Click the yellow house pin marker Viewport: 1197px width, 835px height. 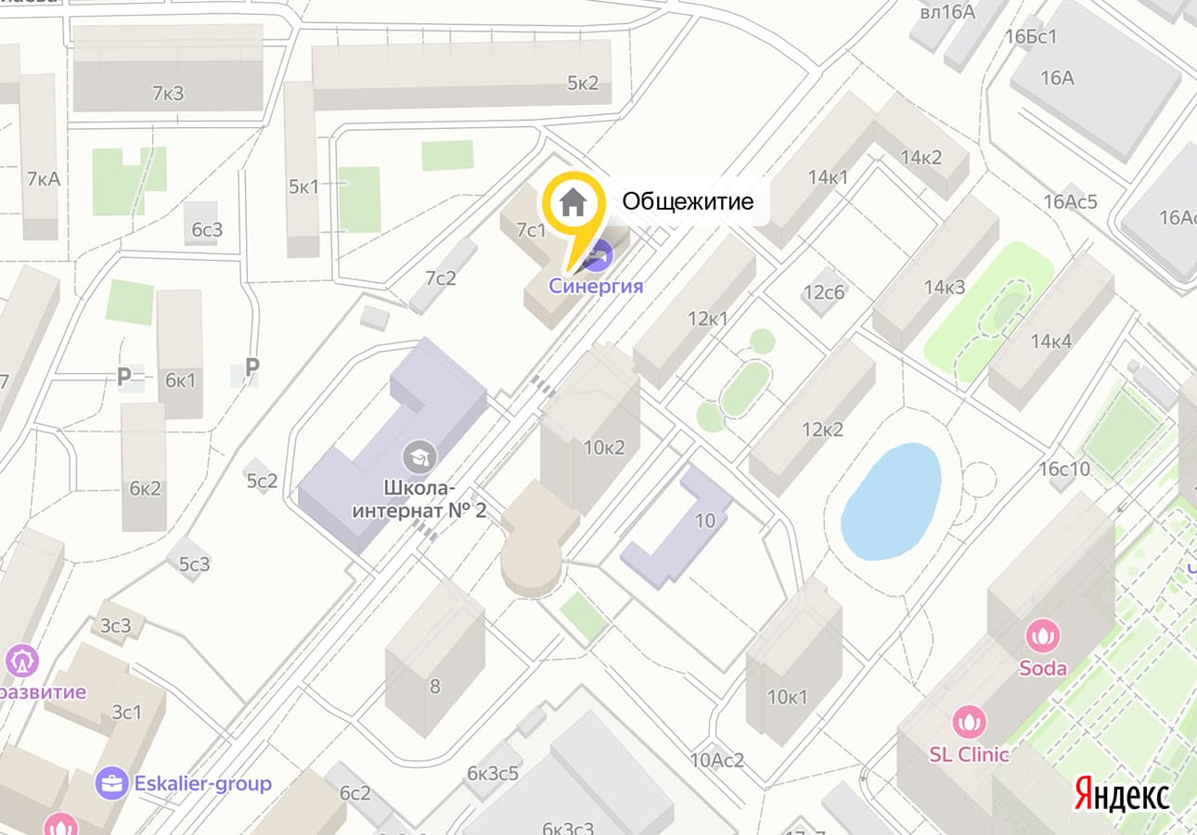(573, 204)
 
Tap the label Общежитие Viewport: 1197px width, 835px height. (688, 201)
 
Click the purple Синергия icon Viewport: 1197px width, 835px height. (600, 253)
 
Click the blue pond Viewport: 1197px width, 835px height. (891, 501)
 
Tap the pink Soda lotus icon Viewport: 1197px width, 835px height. (1043, 636)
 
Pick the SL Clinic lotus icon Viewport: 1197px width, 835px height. (970, 721)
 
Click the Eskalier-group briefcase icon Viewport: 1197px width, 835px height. (111, 783)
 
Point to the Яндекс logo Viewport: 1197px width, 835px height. (1122, 794)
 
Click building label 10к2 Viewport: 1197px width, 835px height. (604, 447)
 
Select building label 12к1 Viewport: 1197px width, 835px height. (707, 319)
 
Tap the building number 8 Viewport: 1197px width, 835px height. (434, 687)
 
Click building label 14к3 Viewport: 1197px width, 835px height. (945, 287)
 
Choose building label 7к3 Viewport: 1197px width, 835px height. (168, 92)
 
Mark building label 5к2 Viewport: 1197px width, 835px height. (583, 83)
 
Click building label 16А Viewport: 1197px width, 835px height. (1057, 78)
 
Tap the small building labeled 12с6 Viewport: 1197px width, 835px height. (824, 292)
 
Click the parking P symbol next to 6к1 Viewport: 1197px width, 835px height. (123, 377)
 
